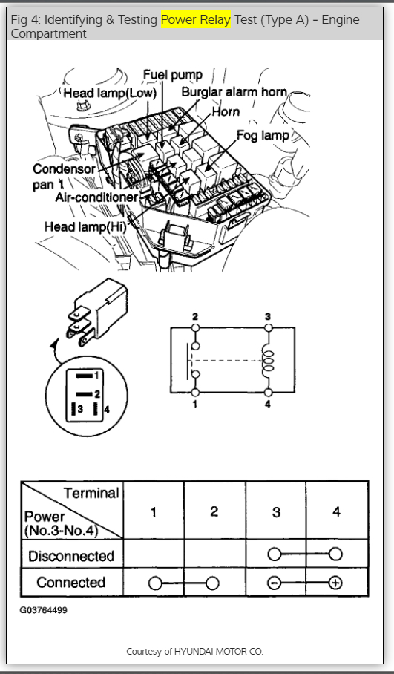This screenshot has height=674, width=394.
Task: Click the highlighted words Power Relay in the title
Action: [196, 19]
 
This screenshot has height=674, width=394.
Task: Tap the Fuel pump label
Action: [172, 75]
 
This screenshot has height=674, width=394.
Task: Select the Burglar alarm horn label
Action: [234, 91]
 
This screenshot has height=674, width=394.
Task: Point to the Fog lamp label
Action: [263, 135]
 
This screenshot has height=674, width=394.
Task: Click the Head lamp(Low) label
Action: [110, 94]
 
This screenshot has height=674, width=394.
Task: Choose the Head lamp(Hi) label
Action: [85, 226]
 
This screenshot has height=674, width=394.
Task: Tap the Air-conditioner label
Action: [96, 197]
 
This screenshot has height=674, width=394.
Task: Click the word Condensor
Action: [64, 169]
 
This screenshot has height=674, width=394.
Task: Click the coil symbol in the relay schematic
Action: [268, 360]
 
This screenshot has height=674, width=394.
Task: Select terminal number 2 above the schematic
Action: [195, 317]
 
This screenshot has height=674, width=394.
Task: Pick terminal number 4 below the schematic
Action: [268, 404]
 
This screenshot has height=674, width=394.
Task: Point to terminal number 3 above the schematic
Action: [268, 317]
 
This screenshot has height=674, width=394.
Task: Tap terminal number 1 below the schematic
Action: [195, 404]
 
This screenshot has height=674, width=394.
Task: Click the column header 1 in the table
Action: [154, 512]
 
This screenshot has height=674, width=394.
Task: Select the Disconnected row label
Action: [71, 556]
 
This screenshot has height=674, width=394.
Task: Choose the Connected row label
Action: [71, 583]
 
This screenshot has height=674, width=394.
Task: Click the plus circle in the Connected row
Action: [335, 583]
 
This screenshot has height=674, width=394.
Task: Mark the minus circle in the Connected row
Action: [274, 583]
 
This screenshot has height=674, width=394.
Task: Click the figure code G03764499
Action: [43, 610]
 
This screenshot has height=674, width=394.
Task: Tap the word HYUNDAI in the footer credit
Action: [194, 651]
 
